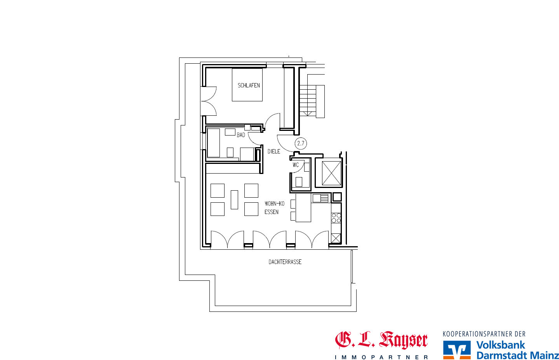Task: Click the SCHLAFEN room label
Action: coord(249,85)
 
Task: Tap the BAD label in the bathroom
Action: coord(241,135)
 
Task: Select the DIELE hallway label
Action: coord(274,151)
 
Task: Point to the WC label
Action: coord(296,165)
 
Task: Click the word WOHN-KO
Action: coord(275,203)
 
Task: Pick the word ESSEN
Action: coord(272,212)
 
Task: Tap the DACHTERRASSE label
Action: coord(285,262)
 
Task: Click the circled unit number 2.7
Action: coord(301,143)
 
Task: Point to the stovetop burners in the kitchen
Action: coord(336,218)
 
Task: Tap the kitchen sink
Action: coord(321,198)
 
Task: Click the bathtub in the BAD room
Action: coord(213,143)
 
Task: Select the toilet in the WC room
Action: coord(299,181)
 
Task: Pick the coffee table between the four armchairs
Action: coord(234,200)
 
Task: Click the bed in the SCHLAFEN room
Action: coord(247,85)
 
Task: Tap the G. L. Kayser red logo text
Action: coord(381,340)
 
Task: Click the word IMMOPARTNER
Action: coord(381,357)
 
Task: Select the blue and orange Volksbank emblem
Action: coord(457,350)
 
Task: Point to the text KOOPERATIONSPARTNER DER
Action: coord(484,334)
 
